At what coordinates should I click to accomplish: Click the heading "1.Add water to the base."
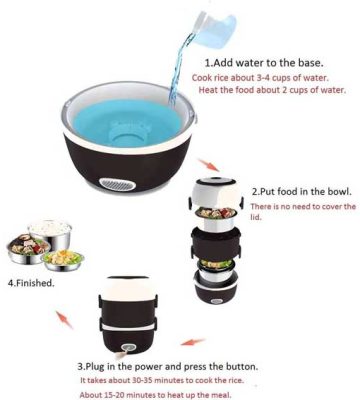click(264, 63)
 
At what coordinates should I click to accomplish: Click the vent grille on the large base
click(117, 184)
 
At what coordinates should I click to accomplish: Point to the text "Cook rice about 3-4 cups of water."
click(260, 78)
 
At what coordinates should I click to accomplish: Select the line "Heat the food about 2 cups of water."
click(272, 90)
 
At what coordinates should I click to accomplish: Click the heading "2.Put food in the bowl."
click(302, 192)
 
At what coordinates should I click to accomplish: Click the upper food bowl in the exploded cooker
click(216, 217)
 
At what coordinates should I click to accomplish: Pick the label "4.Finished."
click(31, 283)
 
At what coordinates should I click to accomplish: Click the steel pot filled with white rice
click(50, 232)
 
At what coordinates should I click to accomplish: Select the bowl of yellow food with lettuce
click(63, 260)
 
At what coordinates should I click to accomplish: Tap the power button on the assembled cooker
click(126, 348)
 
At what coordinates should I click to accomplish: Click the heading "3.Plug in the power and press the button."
click(168, 367)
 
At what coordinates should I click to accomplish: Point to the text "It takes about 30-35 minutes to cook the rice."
click(162, 380)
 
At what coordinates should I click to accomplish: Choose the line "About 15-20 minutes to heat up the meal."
click(155, 395)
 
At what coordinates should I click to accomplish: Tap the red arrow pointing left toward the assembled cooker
click(192, 342)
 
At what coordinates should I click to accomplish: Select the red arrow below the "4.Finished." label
click(64, 320)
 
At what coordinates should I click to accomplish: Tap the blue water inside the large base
click(127, 122)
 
